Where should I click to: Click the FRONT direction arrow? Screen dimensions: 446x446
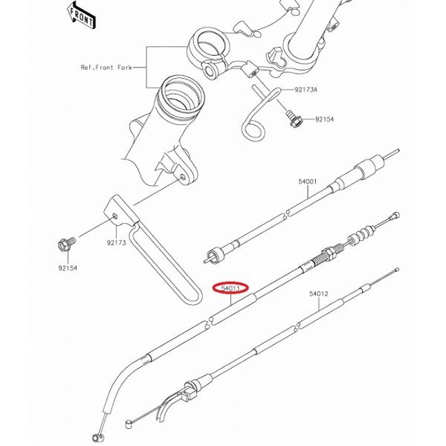click(x=81, y=16)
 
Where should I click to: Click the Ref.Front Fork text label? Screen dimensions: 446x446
click(x=106, y=68)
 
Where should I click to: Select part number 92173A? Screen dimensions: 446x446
click(x=306, y=90)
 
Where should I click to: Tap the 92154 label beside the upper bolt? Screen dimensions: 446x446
click(x=324, y=119)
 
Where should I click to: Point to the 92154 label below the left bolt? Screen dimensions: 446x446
click(x=68, y=268)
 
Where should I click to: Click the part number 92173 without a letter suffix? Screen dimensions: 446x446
click(x=117, y=243)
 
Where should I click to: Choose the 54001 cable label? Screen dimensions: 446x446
click(x=307, y=181)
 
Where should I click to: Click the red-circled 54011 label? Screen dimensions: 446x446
click(x=230, y=288)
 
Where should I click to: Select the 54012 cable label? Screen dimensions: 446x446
click(x=319, y=294)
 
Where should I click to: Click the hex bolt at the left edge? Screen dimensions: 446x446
click(x=66, y=244)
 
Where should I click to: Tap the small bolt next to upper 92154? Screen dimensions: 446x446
click(x=294, y=119)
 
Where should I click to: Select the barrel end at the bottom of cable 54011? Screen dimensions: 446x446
click(x=97, y=437)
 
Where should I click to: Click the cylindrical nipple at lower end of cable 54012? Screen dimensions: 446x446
click(x=129, y=424)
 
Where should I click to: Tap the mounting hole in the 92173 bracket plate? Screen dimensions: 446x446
click(x=114, y=216)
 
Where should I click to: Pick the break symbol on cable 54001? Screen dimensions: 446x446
click(x=287, y=213)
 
